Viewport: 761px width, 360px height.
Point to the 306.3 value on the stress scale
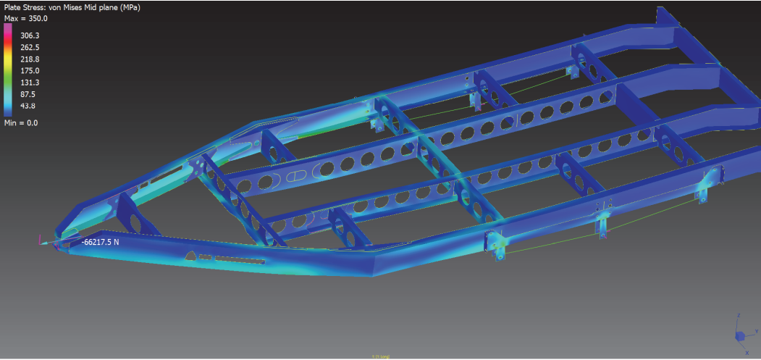(x=30, y=35)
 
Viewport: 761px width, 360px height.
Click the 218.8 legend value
(x=30, y=59)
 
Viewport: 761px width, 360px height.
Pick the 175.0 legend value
(x=30, y=70)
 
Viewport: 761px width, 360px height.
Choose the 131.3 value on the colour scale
(x=30, y=83)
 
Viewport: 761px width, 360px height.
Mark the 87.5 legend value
(x=28, y=94)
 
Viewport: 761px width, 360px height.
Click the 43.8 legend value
(x=28, y=106)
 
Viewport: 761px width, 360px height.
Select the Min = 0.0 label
(x=22, y=123)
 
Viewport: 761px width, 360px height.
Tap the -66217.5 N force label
(x=100, y=242)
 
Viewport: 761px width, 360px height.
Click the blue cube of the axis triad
(x=740, y=337)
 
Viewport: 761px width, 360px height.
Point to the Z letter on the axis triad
(x=738, y=316)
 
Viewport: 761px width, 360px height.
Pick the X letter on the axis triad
(x=747, y=352)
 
